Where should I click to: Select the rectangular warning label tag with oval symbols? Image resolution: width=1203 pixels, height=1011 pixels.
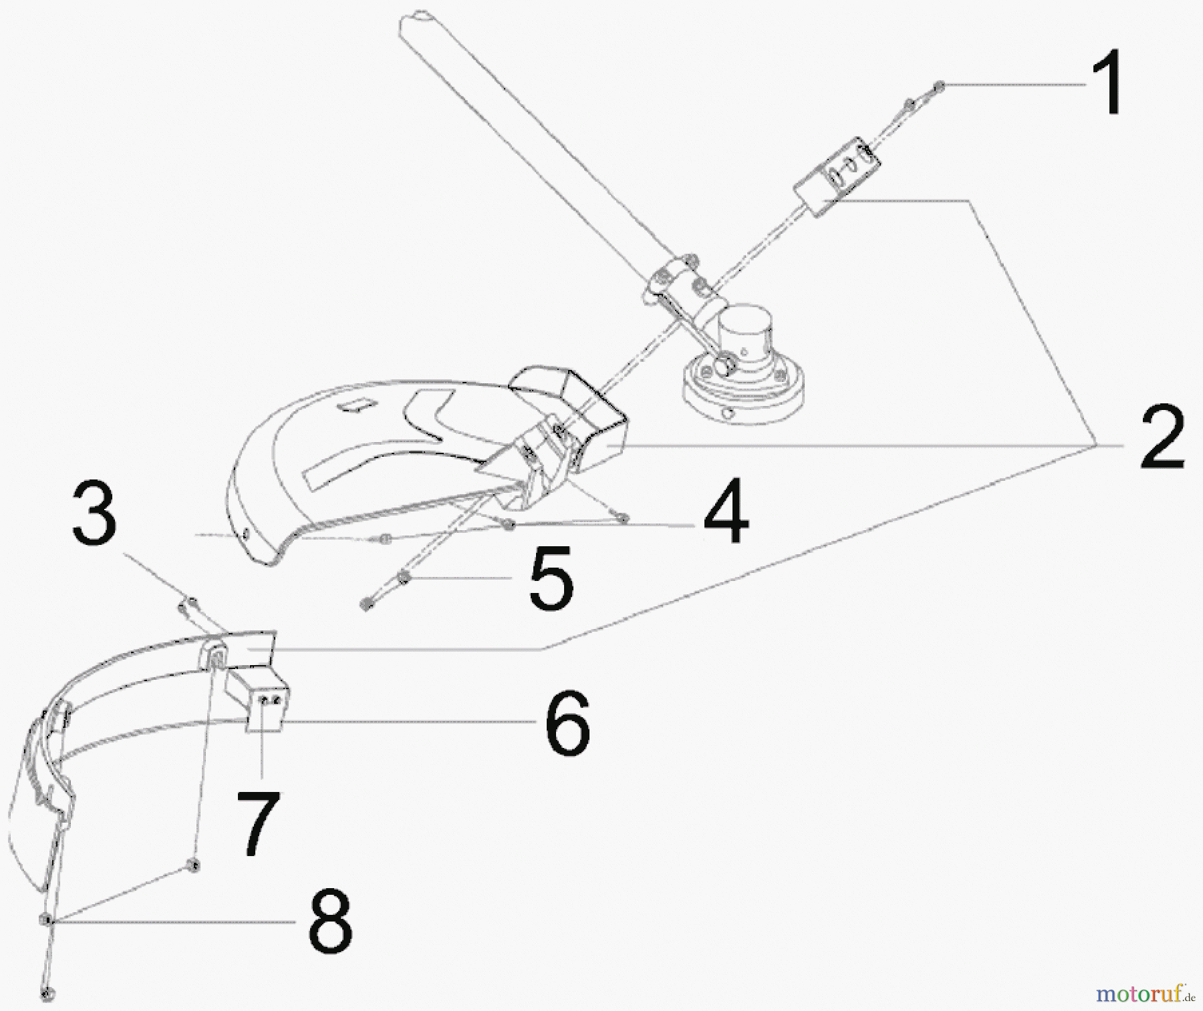click(x=837, y=176)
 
